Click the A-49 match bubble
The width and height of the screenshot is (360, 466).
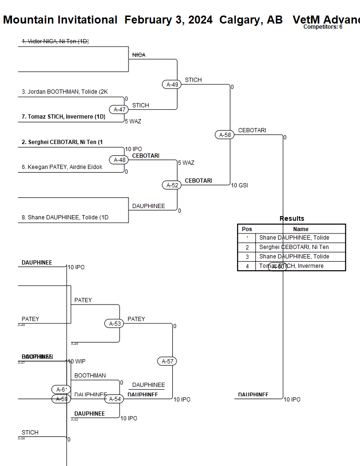(x=172, y=85)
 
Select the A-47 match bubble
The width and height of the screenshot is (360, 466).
(x=120, y=110)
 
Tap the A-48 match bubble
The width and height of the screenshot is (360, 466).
(x=120, y=160)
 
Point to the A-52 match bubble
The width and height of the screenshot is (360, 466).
(x=172, y=185)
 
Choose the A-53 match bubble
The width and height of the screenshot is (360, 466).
(x=115, y=323)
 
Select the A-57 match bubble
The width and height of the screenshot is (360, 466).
(x=167, y=362)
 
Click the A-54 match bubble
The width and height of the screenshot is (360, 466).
(x=115, y=399)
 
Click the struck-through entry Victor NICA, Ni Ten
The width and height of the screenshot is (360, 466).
(x=55, y=41)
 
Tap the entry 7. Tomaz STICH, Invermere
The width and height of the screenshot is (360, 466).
(x=63, y=117)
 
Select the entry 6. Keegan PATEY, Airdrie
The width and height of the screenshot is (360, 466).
(x=62, y=167)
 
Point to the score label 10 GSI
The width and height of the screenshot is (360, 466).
(x=239, y=185)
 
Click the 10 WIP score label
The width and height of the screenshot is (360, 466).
(x=76, y=362)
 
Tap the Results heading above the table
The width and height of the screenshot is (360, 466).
(x=292, y=218)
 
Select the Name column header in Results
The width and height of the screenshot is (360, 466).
(x=301, y=229)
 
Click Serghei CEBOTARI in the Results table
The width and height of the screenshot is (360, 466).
(x=294, y=247)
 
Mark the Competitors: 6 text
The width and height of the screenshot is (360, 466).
(x=323, y=27)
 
